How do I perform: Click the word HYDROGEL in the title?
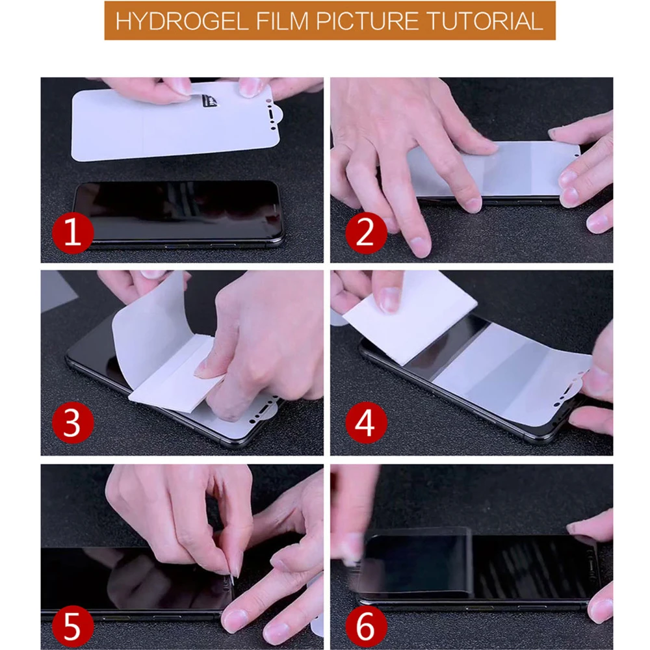(x=182, y=21)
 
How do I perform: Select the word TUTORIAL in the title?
(x=485, y=21)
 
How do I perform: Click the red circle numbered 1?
(x=73, y=233)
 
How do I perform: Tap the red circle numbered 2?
(x=366, y=233)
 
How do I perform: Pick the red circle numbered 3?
(x=73, y=423)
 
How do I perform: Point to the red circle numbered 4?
(x=366, y=423)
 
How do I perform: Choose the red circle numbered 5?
(x=73, y=625)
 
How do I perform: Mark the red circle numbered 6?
(x=366, y=625)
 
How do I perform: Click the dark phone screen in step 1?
(x=178, y=211)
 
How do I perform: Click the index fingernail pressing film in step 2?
(x=473, y=204)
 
